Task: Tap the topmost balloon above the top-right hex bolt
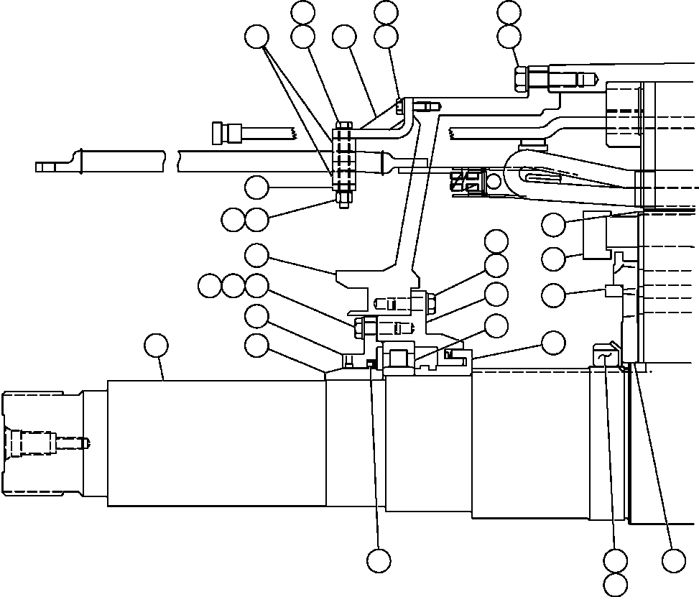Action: (x=509, y=11)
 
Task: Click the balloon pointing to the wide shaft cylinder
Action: (x=156, y=346)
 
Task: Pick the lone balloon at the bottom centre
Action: (x=379, y=560)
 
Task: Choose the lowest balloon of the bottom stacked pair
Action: (x=616, y=584)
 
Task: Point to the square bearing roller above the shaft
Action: (x=399, y=358)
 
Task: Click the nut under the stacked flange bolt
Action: (x=343, y=199)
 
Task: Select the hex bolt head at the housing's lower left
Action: (x=361, y=328)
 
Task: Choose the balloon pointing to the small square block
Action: (x=553, y=294)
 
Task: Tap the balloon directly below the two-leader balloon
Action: (x=256, y=188)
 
